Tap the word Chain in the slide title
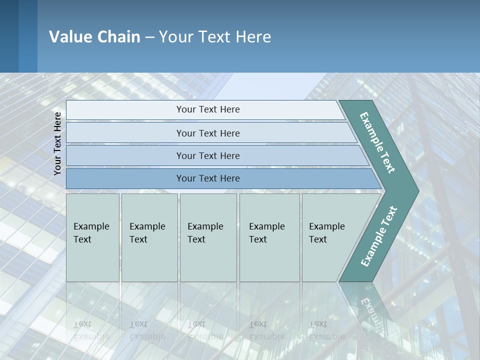point(118,37)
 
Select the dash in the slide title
point(149,37)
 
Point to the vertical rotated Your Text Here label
point(57,143)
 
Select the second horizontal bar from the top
point(208,133)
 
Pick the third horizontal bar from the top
point(208,155)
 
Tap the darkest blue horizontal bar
point(208,178)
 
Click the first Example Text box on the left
point(92,237)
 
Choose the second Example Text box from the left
point(149,237)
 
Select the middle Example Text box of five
point(208,237)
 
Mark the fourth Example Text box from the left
point(269,237)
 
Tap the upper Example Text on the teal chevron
point(377,143)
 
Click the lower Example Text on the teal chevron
point(378,236)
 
